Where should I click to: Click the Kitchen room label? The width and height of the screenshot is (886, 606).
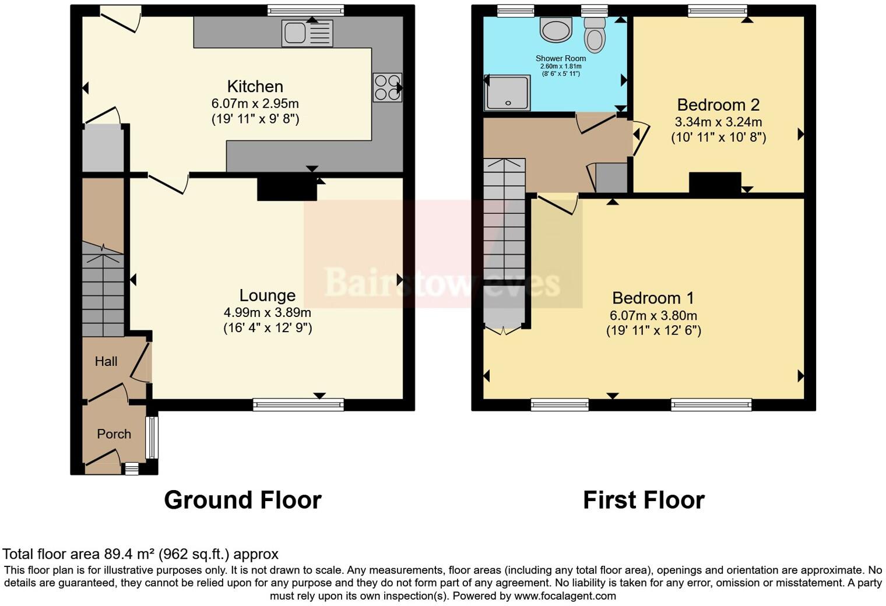255,87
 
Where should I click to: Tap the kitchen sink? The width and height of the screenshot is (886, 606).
307,33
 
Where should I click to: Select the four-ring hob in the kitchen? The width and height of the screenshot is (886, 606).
387,87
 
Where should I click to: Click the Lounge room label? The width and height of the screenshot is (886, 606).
267,295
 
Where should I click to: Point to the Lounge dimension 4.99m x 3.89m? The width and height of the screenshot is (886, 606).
267,312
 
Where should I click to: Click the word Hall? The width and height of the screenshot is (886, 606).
106,361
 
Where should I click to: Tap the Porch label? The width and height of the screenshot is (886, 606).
114,434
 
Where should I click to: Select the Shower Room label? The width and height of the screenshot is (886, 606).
561,58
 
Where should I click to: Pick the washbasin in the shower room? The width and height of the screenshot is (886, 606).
556,30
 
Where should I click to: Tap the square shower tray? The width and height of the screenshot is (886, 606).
508,93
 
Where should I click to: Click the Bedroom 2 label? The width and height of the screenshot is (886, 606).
718,105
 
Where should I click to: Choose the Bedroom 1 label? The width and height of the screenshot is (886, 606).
653,298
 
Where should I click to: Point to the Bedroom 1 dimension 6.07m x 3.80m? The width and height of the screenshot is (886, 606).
653,316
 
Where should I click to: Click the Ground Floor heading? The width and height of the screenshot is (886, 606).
242,500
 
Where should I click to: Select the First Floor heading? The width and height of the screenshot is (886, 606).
644,500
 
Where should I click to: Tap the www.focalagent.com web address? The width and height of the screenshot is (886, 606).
565,596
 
